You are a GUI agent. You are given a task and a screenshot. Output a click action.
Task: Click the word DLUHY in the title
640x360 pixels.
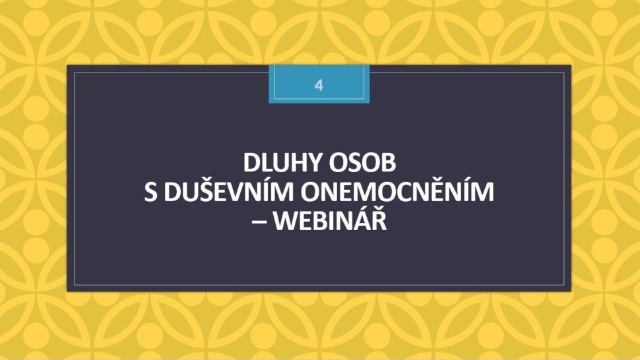[282, 162]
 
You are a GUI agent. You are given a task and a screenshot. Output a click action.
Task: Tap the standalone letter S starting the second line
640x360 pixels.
[150, 192]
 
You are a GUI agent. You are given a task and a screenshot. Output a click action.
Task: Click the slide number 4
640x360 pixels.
[319, 85]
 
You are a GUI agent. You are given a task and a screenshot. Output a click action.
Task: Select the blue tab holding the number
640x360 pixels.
[319, 84]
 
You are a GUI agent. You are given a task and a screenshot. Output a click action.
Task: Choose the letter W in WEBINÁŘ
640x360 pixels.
[284, 222]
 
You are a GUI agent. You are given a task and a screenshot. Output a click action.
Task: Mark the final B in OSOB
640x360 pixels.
[389, 162]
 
